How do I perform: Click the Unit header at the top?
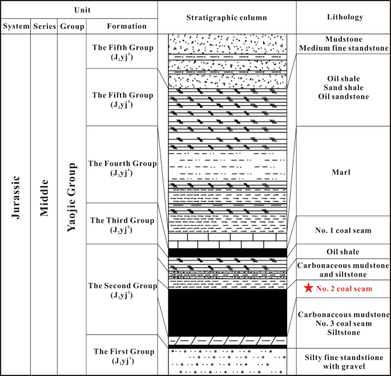tap(78, 10)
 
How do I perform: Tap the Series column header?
tap(44, 26)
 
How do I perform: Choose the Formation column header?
tap(122, 26)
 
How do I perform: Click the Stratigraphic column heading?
tap(227, 18)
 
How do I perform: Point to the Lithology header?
tap(343, 18)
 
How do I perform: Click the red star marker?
tap(309, 288)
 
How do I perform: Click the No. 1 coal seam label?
tap(343, 231)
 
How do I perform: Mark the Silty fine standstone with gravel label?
tap(343, 362)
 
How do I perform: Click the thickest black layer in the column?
tap(227, 313)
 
